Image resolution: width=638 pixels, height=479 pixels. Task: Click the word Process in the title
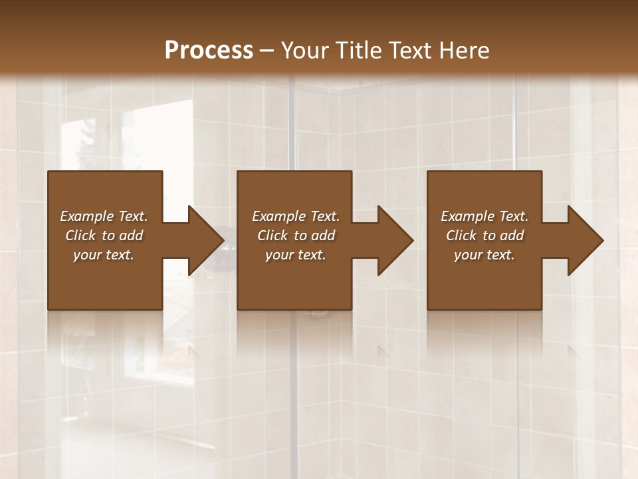[x=209, y=51]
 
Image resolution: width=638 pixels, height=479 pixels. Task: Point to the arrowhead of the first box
[x=206, y=240]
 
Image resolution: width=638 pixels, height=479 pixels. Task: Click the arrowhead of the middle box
[x=395, y=240]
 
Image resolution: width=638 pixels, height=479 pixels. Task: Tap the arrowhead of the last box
[x=585, y=240]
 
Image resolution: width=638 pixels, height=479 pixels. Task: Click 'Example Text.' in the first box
[x=104, y=216]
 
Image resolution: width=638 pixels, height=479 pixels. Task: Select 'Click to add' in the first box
[x=104, y=236]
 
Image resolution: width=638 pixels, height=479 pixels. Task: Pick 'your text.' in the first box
[x=104, y=255]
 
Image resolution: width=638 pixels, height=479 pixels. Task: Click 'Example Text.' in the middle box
[x=296, y=216]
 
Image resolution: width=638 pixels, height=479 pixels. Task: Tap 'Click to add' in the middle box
[x=296, y=236]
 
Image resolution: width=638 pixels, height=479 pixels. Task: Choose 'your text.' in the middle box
[x=296, y=255]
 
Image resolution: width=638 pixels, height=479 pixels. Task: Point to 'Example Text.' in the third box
[x=484, y=216]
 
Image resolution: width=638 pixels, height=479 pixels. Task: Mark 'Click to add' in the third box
[x=484, y=236]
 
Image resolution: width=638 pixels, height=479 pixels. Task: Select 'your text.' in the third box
[x=484, y=255]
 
